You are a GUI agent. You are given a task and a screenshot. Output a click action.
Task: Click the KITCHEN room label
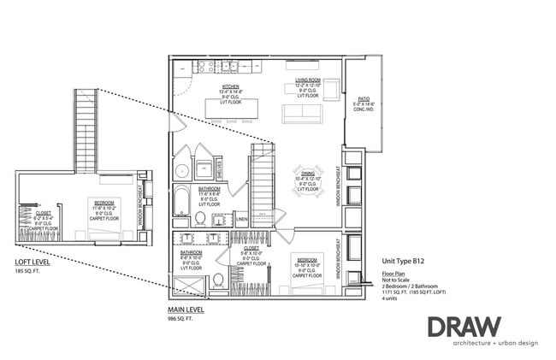pos(230,86)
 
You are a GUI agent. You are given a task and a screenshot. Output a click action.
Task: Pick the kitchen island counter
pos(232,109)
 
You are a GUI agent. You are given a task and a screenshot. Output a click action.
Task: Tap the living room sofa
pos(302,113)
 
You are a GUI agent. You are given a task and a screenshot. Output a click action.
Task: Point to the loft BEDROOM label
pos(104,204)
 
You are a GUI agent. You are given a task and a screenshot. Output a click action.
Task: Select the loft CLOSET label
pos(44,213)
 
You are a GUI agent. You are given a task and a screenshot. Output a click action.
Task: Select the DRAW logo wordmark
pos(465,327)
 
